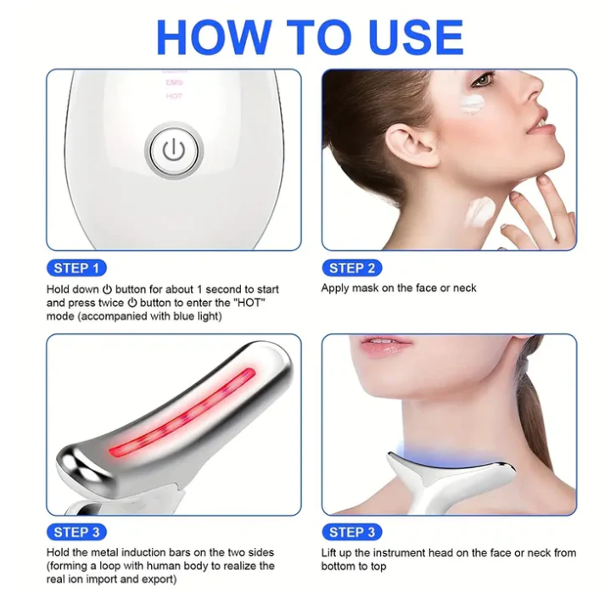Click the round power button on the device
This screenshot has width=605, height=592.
point(173,152)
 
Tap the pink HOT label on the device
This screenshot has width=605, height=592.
point(174,97)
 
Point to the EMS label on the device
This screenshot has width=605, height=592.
point(174,83)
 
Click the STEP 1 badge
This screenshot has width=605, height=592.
point(76,268)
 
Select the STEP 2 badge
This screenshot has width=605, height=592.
point(351,268)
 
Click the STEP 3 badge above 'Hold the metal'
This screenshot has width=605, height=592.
point(76,532)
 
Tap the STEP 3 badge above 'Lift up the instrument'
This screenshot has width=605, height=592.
point(351,532)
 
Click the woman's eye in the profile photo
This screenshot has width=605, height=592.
point(485,81)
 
